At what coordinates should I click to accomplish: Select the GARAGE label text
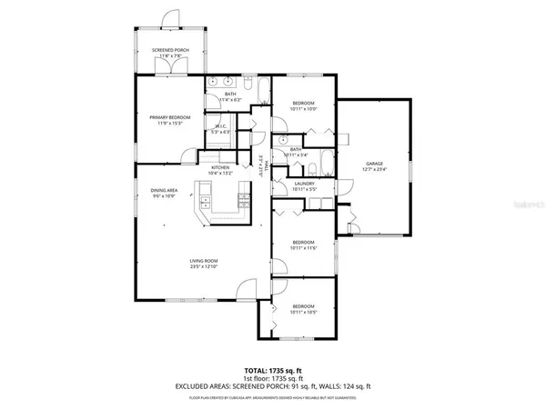(374, 164)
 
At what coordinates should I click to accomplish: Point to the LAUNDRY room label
(304, 184)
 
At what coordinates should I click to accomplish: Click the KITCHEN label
(220, 167)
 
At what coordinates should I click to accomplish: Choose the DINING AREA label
(165, 190)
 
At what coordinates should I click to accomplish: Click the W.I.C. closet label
(220, 126)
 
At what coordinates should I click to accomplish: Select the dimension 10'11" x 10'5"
(303, 312)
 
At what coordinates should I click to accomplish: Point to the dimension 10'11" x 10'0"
(303, 108)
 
